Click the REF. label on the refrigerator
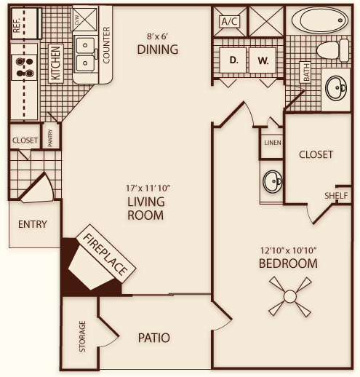(x=17, y=24)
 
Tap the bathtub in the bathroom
(x=320, y=20)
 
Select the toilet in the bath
(x=332, y=50)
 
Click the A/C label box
(x=230, y=22)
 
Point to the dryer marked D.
(x=233, y=60)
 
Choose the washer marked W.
(x=263, y=60)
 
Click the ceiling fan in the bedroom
(x=289, y=296)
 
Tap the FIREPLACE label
(x=105, y=254)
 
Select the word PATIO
(x=154, y=338)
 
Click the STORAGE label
(x=82, y=336)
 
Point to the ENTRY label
(x=33, y=224)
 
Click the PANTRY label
(x=50, y=138)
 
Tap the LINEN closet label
(x=273, y=143)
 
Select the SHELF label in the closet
(x=336, y=196)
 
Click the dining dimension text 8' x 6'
(x=158, y=36)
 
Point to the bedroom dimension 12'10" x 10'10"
(x=289, y=250)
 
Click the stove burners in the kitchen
(x=25, y=67)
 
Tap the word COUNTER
(x=106, y=45)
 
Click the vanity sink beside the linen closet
(x=273, y=181)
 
